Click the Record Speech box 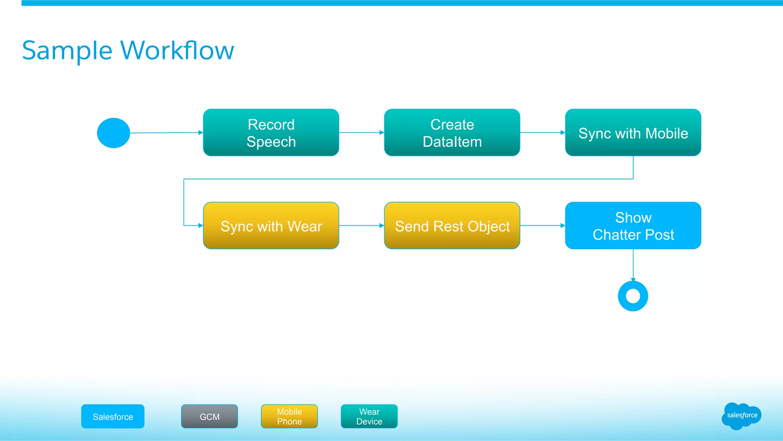tap(271, 132)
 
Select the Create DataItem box tap(452, 132)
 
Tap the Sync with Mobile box tap(633, 132)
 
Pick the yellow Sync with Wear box tap(271, 226)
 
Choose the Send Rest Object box tap(452, 226)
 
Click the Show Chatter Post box tap(633, 226)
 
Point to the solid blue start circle tap(114, 133)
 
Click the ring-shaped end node tap(633, 296)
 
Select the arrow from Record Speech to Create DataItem tap(361, 132)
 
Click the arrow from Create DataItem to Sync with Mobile tap(542, 132)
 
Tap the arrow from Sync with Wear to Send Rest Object tap(361, 226)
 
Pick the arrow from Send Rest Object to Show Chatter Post tap(542, 226)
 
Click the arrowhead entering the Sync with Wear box tap(200, 226)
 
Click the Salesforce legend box tap(113, 417)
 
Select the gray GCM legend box tap(210, 417)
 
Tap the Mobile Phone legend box tap(289, 417)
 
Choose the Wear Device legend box tap(369, 417)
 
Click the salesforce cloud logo tap(741, 416)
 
